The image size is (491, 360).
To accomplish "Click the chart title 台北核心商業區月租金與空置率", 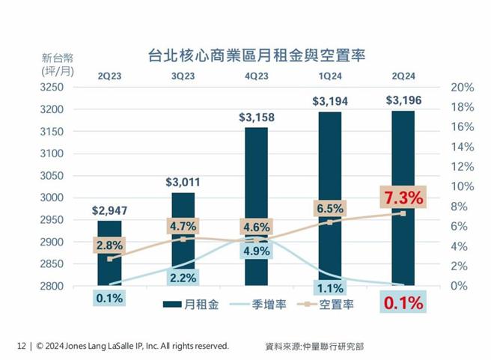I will coord(246,55).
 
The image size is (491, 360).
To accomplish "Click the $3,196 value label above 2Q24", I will coord(403,100).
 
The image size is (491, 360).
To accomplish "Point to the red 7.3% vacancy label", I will coord(403,198).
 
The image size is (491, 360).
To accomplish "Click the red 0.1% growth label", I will coord(403,303).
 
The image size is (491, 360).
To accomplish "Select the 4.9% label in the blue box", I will coord(256,251).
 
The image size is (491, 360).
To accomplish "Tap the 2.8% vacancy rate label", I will coord(109,245).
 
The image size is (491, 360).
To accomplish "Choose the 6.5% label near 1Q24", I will coord(330,209).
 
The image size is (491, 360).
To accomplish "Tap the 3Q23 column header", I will coord(183,75).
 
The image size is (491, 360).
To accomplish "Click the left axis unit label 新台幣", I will coord(57,58).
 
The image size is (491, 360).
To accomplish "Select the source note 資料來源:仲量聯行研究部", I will coord(315,347).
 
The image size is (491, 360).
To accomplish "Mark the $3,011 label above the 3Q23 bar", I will coord(183,182).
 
